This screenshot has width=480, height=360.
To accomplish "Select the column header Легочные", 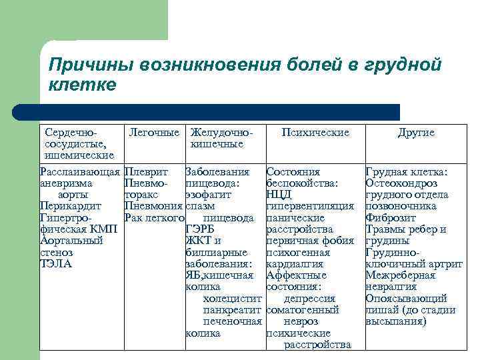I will [154, 133].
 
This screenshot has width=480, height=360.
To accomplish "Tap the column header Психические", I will [315, 133].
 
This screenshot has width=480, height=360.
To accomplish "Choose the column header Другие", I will [416, 133].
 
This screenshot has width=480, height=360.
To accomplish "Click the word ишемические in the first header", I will [70, 155].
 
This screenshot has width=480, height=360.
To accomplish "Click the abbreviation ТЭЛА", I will [56, 263].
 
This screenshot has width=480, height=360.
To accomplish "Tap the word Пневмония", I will [153, 206].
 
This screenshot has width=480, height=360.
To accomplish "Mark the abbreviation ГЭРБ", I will [199, 229].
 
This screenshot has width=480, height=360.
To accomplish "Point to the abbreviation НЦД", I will [279, 195].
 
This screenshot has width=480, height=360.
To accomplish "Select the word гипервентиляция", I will [309, 206].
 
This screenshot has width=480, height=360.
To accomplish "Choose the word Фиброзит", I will [391, 217].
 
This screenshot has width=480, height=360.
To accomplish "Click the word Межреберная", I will [400, 275].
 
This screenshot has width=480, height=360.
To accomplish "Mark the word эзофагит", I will [208, 195].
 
